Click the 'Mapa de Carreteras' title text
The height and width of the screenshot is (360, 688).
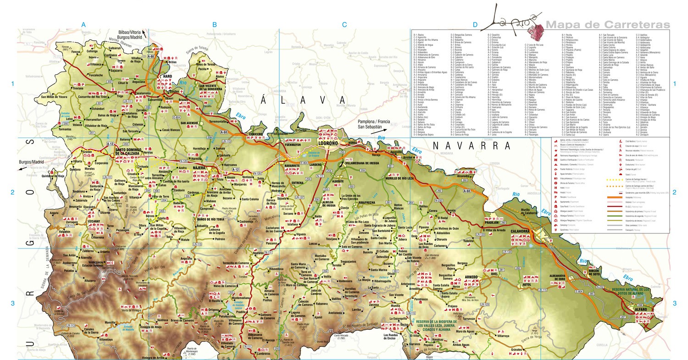pyautogui.click(x=607, y=24)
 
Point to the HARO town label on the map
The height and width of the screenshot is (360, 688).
pyautogui.click(x=165, y=77)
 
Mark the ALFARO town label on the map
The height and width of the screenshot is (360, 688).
pyautogui.click(x=641, y=310)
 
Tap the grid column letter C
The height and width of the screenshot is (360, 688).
pyautogui.click(x=344, y=24)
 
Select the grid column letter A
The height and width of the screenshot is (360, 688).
pyautogui.click(x=83, y=24)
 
